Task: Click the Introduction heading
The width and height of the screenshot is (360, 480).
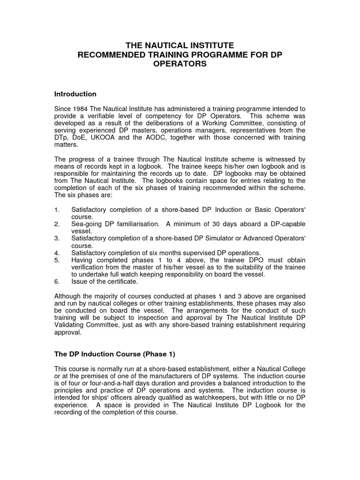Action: click(x=75, y=94)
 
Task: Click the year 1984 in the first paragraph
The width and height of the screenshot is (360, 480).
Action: click(x=81, y=109)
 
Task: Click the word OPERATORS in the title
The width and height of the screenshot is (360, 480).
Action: click(x=180, y=64)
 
